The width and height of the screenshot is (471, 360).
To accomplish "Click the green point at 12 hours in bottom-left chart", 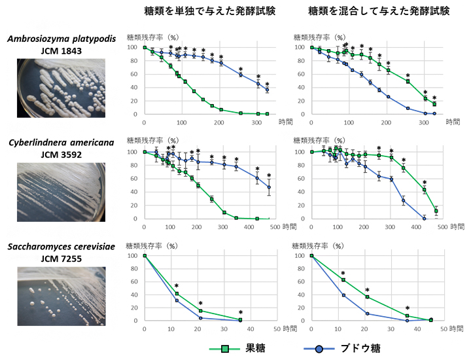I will point(177,293).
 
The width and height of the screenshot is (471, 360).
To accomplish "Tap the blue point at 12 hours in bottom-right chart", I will point(343,295).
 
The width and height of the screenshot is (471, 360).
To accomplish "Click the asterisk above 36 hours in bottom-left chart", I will point(240,312).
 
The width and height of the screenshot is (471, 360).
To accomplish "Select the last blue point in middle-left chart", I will point(268,187).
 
